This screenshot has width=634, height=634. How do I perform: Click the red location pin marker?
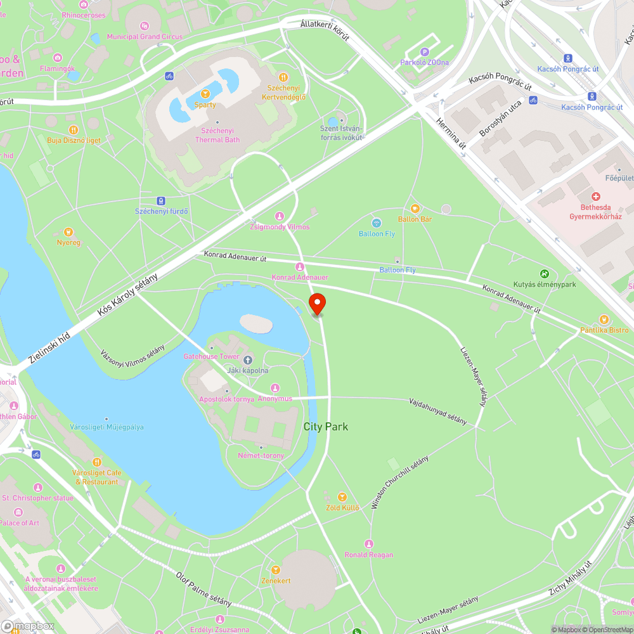317,302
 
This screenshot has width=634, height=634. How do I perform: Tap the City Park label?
326,427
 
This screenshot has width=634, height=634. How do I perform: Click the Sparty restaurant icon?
205,94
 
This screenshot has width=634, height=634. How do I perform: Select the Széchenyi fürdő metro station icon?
161,200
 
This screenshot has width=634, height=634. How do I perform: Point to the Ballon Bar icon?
415,208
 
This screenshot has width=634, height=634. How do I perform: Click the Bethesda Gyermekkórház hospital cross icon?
595,197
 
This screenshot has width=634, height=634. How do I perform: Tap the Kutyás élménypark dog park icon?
544,274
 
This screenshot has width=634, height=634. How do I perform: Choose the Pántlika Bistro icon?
604,320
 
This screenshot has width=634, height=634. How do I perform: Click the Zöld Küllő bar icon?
342,496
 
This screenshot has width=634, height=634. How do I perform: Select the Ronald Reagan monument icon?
369,544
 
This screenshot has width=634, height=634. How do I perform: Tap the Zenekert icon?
275,570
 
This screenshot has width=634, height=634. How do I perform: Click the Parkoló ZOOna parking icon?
425,52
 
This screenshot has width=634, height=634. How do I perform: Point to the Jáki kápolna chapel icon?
248,360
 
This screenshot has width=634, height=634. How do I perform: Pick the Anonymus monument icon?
275,388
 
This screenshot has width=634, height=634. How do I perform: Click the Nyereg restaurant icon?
68,232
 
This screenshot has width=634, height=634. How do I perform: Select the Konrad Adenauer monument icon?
300,267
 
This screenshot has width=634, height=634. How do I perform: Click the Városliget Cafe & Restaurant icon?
96,462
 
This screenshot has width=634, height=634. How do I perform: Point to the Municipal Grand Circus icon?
145,26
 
